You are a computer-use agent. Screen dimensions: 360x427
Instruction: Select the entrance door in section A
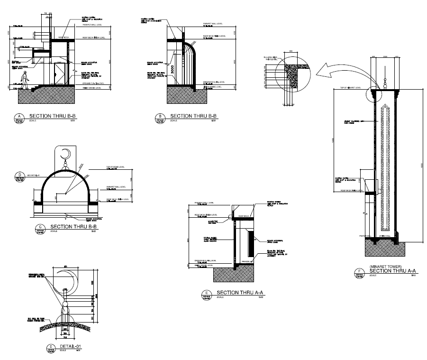(x=60, y=75)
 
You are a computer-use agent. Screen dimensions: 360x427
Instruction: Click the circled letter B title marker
(x=160, y=116)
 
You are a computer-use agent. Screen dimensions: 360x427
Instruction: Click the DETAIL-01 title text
(x=71, y=347)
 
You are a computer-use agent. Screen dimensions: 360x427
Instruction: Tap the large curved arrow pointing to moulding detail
(x=332, y=71)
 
